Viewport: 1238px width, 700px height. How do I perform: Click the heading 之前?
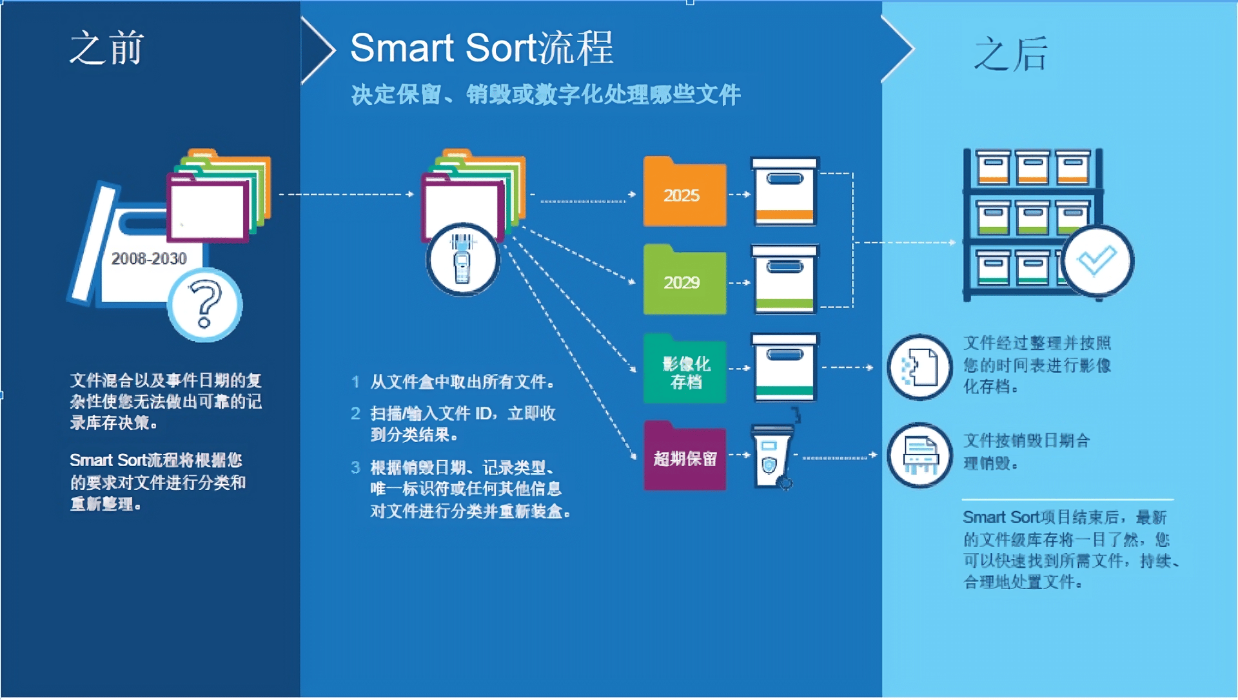[106, 48]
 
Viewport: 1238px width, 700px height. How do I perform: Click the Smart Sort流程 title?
[481, 48]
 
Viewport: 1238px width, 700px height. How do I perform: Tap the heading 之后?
[1010, 54]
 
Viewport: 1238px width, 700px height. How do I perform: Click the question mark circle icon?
[205, 305]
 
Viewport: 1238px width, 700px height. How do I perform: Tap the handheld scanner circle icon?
[462, 260]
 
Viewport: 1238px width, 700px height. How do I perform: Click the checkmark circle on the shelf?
[1097, 261]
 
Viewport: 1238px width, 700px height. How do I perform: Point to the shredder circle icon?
[919, 455]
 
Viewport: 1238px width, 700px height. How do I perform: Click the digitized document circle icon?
[919, 367]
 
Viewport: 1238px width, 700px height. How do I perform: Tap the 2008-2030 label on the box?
[149, 258]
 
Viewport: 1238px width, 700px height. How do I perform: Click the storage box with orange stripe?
[785, 192]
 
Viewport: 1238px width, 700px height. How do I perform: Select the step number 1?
[355, 382]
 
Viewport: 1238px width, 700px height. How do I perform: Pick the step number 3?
[355, 468]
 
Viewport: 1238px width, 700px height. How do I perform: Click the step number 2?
[355, 414]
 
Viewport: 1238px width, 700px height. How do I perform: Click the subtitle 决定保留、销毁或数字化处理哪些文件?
[545, 95]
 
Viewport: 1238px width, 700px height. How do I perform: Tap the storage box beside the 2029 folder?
[785, 280]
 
